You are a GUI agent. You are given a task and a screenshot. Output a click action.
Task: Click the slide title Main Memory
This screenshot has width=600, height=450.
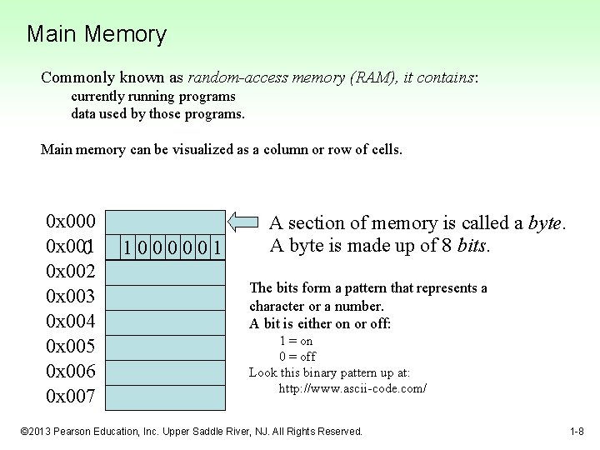[x=97, y=35]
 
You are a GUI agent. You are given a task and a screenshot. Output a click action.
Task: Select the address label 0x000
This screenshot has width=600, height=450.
[x=71, y=222]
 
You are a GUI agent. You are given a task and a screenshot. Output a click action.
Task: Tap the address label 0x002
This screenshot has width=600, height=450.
[x=71, y=272]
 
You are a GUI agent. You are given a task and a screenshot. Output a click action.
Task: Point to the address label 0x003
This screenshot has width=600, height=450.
[x=71, y=297]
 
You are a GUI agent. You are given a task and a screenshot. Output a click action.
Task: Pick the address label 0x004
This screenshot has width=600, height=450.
[x=71, y=322]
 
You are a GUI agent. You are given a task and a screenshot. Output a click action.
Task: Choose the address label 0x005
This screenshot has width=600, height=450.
[x=71, y=347]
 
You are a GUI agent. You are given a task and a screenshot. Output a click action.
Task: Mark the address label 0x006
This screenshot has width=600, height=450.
[x=71, y=372]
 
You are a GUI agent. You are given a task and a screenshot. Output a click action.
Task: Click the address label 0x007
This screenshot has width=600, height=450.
[x=71, y=397]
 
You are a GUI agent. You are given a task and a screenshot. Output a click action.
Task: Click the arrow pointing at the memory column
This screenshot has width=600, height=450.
[x=244, y=222]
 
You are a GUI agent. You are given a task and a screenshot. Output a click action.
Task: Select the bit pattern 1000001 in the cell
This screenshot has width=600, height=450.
[x=171, y=247]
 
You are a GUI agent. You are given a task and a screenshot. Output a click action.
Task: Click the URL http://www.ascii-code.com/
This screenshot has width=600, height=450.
[x=352, y=388]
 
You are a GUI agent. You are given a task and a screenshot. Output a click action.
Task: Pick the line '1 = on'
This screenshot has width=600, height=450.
[x=296, y=341]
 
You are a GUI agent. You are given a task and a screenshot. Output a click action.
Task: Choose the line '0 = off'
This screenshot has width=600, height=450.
[x=297, y=357]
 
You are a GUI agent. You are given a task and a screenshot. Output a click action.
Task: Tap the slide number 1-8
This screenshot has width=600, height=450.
[x=577, y=432]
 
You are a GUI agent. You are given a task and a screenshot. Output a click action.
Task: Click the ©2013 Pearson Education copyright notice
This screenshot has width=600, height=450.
[x=192, y=432]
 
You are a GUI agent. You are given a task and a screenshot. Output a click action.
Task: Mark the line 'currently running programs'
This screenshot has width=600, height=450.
[x=153, y=97]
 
